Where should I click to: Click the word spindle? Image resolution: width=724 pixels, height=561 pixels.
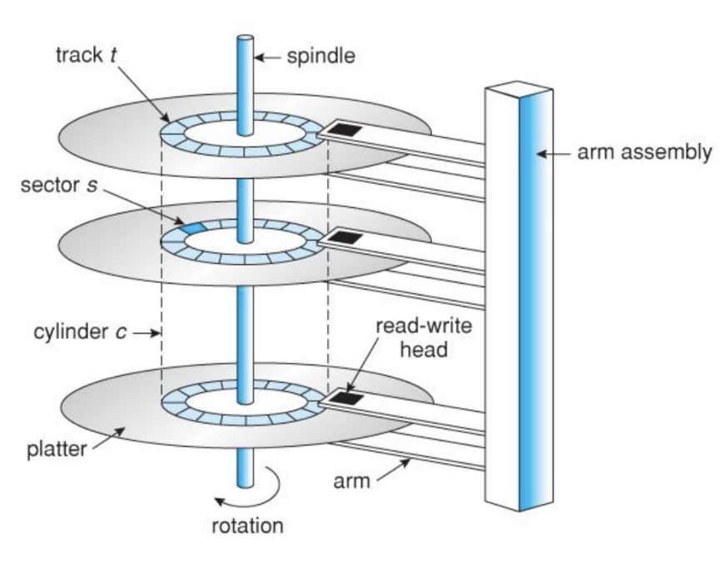tap(321, 57)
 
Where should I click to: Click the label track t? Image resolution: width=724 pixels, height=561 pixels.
tap(86, 55)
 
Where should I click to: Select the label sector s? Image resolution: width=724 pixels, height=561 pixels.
tap(59, 185)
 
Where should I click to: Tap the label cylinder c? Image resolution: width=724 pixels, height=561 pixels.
tap(80, 332)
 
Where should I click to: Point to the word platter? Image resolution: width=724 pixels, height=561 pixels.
tap(57, 449)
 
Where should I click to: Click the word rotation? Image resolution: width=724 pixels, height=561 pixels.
tap(247, 526)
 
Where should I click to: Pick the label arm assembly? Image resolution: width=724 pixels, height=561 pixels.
tap(645, 152)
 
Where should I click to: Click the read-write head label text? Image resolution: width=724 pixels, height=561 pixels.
tap(424, 338)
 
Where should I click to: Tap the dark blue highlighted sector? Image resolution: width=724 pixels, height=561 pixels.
tap(191, 227)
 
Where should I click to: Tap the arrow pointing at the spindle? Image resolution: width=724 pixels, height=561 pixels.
tap(268, 57)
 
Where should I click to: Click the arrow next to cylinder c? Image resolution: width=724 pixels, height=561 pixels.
tap(146, 332)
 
